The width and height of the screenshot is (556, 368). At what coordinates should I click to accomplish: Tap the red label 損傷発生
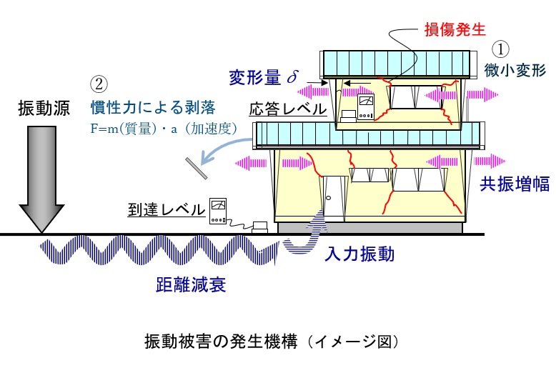[456, 29]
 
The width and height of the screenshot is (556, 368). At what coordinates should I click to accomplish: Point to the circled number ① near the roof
[502, 49]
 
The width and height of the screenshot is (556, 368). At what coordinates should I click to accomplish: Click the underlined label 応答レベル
[288, 109]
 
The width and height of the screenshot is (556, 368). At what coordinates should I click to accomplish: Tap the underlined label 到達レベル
[167, 208]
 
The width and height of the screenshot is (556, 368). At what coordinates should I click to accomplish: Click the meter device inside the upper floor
[366, 107]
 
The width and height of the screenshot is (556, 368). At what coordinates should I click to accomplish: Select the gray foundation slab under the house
[372, 228]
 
